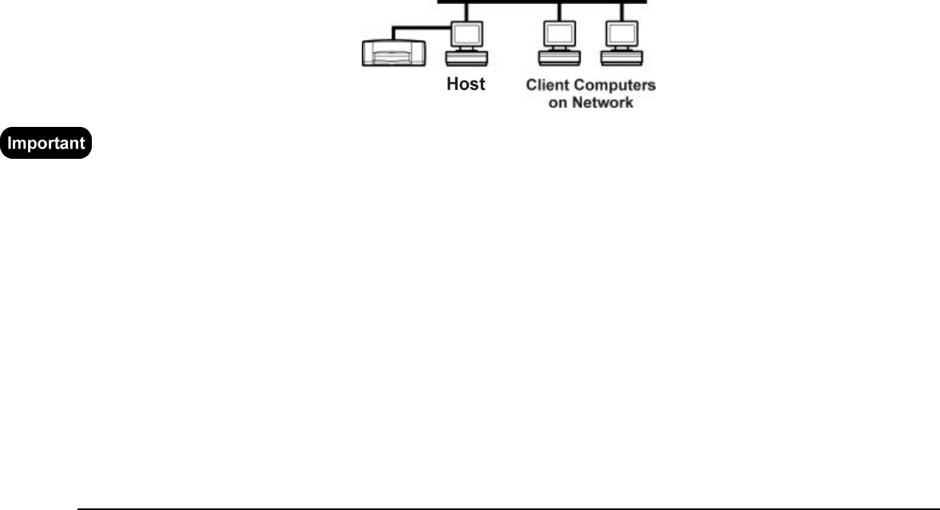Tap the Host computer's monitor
pyautogui.click(x=466, y=34)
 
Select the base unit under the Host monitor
pyautogui.click(x=466, y=58)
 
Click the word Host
pyautogui.click(x=466, y=85)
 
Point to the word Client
pyautogui.click(x=545, y=85)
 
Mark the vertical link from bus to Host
pyautogui.click(x=467, y=12)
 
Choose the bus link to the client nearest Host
pyautogui.click(x=559, y=12)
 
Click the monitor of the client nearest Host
pyautogui.click(x=558, y=34)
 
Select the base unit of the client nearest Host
pyautogui.click(x=558, y=58)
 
